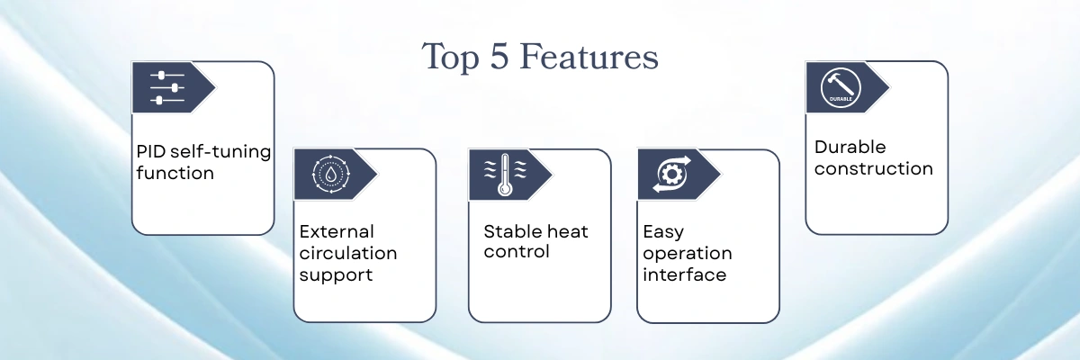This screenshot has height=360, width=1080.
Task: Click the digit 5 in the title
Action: coord(499,57)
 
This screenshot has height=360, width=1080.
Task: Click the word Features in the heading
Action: coord(589,57)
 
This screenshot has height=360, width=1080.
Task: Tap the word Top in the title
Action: coord(450,58)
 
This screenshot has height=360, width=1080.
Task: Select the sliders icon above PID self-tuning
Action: coord(166,87)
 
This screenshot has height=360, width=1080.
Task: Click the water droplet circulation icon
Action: coord(331,174)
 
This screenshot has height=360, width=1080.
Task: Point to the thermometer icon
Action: coord(505,175)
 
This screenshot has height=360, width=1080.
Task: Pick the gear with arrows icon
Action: coord(671,174)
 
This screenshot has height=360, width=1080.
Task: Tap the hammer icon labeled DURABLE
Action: coord(841,87)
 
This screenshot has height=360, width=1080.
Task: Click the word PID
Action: coord(151,152)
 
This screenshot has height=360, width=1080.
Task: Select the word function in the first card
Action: coord(175,173)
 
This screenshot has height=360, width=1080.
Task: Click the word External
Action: coord(337,232)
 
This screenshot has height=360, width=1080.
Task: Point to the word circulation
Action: coord(348,254)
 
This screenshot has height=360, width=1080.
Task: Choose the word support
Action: coord(336,276)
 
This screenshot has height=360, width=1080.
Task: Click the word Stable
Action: coord(516,232)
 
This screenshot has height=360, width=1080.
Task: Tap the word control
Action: coord(517,252)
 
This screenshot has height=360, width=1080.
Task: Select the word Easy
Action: coord(663,233)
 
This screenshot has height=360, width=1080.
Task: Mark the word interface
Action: coord(685,274)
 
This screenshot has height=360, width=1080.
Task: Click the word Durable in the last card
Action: coord(850,147)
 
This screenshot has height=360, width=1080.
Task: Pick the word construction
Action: coord(874,168)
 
